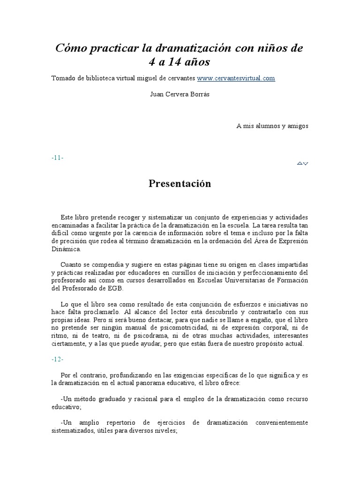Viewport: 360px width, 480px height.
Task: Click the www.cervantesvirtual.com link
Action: click(x=236, y=78)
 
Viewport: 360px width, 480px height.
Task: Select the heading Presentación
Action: click(x=180, y=184)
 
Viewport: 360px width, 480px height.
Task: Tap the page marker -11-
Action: click(x=58, y=158)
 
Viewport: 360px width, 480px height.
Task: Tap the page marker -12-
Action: click(x=58, y=360)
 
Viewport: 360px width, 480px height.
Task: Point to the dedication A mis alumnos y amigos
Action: click(x=272, y=126)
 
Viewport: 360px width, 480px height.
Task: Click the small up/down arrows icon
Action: click(x=302, y=163)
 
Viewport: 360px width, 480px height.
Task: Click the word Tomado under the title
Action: click(x=63, y=78)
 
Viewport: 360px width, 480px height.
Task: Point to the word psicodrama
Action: click(x=180, y=336)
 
